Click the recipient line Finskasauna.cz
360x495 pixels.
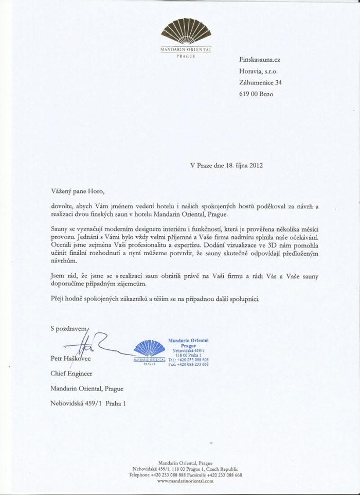tap(260, 60)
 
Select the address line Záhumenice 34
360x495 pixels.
tap(260, 82)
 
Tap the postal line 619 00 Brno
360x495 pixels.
tap(256, 94)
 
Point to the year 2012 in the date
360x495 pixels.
tap(256, 166)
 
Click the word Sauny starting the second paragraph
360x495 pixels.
tap(60, 228)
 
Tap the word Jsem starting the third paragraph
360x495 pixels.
tap(59, 276)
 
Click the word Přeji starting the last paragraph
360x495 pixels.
tap(59, 298)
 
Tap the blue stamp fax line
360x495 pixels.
tap(188, 364)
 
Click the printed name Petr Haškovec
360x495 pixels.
tap(70, 358)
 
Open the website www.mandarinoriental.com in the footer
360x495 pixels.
tap(185, 481)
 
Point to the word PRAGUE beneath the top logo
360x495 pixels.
tap(184, 55)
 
